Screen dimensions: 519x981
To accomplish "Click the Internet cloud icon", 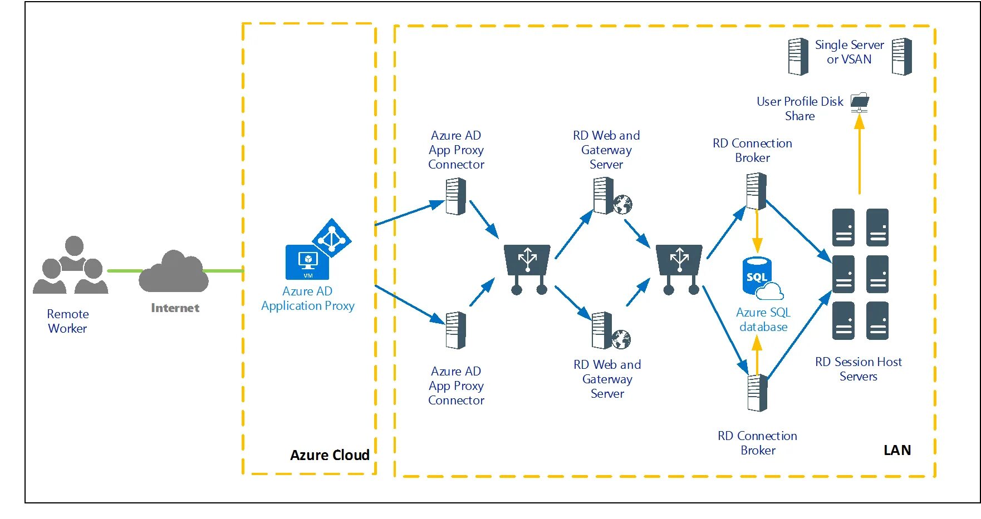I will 174,271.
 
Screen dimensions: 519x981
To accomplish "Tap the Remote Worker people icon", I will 71,265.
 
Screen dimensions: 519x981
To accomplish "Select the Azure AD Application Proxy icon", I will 317,250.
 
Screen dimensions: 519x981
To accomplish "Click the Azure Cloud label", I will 330,455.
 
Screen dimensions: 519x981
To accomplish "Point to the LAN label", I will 897,450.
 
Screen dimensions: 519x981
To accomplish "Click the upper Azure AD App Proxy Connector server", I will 456,196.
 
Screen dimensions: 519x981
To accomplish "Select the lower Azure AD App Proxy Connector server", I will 456,330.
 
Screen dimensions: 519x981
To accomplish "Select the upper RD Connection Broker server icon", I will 756,191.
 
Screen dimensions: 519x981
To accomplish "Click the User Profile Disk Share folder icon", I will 860,102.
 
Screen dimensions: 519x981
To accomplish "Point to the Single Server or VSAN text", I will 849,52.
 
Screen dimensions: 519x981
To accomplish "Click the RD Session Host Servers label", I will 858,369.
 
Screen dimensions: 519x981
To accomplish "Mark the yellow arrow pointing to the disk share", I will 859,156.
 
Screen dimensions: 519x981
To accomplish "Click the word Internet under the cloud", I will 175,308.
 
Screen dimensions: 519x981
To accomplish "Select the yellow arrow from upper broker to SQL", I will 757,231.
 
